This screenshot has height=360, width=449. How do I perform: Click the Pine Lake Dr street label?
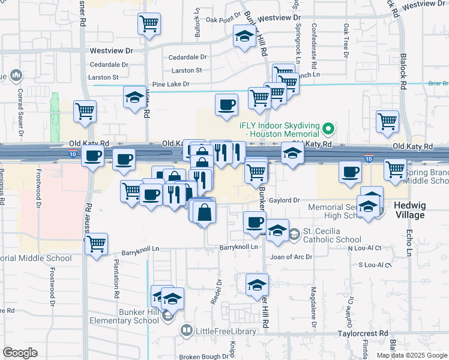coord(170,85)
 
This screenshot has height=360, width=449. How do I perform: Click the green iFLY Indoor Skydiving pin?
coord(328,128)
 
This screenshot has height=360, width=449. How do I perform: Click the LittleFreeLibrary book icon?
coord(186,331)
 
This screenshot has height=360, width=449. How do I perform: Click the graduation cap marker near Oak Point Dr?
coord(244,38)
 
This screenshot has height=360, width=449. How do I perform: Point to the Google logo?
coord(20,353)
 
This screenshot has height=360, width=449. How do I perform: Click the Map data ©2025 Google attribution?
coord(412,355)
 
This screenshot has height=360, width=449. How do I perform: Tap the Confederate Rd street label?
coord(314,41)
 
